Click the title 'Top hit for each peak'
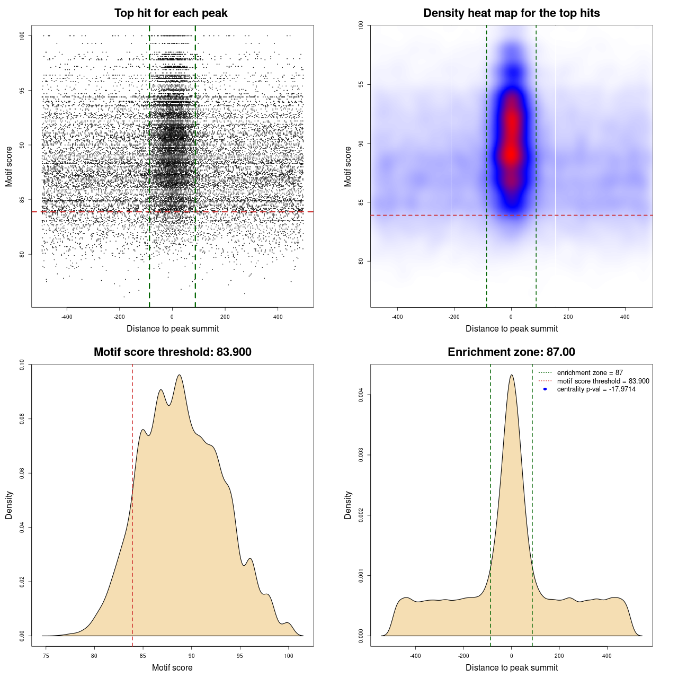[x=171, y=13]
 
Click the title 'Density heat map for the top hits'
[x=511, y=13]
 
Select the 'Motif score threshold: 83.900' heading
[x=172, y=352]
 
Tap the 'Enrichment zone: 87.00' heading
[x=511, y=352]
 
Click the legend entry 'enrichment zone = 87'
[x=590, y=373]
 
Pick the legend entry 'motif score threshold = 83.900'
[x=603, y=381]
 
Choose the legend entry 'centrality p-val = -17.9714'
[x=596, y=389]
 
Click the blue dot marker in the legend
[x=545, y=389]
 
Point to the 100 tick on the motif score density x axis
[x=288, y=656]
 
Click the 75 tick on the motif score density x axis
[x=46, y=656]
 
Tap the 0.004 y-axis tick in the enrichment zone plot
[x=361, y=395]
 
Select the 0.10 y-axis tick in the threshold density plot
[x=22, y=364]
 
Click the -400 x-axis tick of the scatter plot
[x=67, y=317]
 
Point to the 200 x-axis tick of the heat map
[x=568, y=317]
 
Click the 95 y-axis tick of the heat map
[x=361, y=85]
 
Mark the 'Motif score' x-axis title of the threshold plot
[x=172, y=667]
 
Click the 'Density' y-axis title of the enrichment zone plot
[x=348, y=505]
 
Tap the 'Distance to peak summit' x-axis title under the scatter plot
[x=173, y=328]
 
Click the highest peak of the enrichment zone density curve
[x=511, y=375]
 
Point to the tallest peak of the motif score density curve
[x=180, y=375]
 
